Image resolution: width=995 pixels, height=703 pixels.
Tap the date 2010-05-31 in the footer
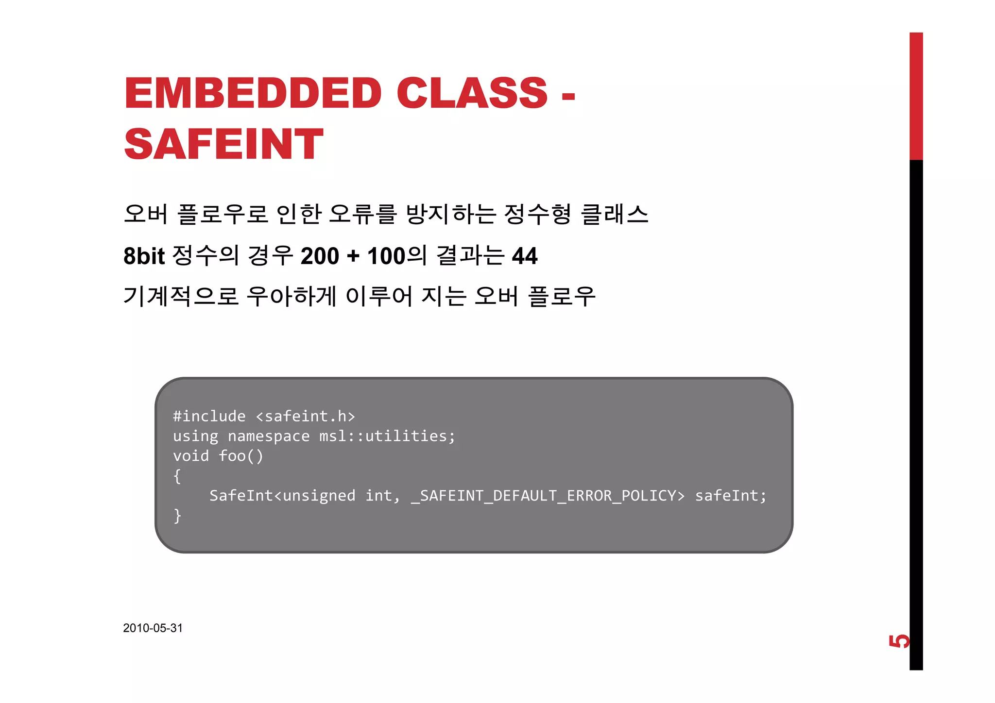153,628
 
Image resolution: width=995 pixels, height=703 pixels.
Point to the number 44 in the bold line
525,256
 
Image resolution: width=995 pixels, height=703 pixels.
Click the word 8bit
144,256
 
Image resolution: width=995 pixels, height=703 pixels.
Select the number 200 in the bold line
320,256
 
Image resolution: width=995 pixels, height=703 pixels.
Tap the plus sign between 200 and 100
353,256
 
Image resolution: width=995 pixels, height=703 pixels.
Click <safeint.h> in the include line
305,417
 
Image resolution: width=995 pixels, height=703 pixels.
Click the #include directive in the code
209,417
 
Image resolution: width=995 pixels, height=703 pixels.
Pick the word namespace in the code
268,436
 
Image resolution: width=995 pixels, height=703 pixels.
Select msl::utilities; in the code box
387,436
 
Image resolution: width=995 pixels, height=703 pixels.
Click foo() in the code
241,456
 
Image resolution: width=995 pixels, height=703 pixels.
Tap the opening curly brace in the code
177,476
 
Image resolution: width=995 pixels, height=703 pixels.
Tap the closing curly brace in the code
177,516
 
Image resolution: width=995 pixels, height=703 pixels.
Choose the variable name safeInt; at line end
731,496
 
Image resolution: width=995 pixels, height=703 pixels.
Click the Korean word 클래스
615,214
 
